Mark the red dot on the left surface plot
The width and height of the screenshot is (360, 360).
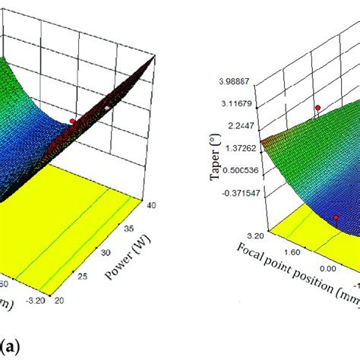click(x=73, y=121)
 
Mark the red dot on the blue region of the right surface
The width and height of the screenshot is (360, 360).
click(x=335, y=217)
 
